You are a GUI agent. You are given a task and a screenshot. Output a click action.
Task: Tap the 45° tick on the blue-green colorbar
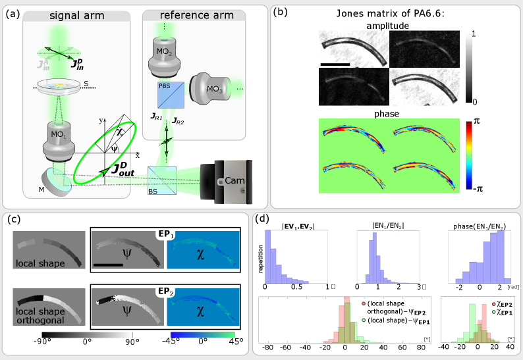tap(233, 343)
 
